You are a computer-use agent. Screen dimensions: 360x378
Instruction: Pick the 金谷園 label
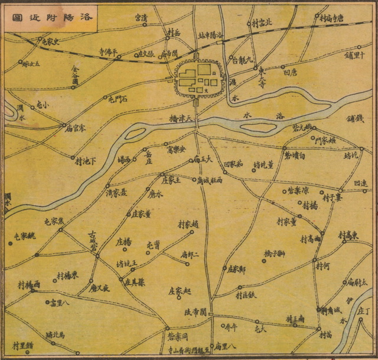pos(74,76)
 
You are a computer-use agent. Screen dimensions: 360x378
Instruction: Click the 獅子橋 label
pos(275,254)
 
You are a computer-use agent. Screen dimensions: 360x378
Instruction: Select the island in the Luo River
pos(260,127)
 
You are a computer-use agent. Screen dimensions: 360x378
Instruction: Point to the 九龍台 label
pos(242,60)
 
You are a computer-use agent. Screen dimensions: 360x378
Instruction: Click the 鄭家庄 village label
pos(236,269)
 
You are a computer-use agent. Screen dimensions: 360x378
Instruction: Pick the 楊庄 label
pos(123,241)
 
